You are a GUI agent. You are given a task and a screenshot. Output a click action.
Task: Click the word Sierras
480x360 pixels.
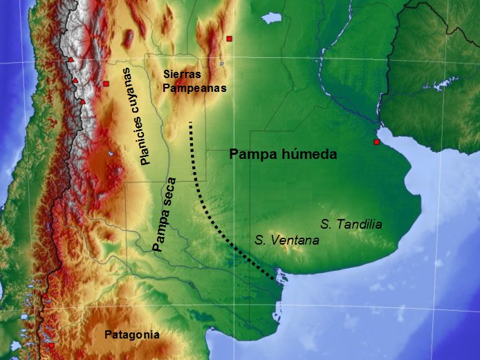click(x=183, y=74)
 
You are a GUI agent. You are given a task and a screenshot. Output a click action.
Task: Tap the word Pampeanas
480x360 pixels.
click(x=194, y=88)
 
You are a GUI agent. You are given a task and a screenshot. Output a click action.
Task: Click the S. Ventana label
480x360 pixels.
click(x=287, y=240)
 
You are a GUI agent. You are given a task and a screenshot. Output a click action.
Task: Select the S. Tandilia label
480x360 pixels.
click(x=352, y=224)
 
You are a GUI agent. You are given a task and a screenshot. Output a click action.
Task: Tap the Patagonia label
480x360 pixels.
click(x=132, y=335)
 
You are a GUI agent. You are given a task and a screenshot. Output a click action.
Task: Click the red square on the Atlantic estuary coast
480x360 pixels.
click(x=376, y=142)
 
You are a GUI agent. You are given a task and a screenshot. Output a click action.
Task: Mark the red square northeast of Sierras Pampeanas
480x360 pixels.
click(x=229, y=39)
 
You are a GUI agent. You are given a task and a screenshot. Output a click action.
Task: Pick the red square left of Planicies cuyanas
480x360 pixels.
click(x=107, y=84)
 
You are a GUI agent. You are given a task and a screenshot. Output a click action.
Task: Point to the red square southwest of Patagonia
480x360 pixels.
click(x=50, y=344)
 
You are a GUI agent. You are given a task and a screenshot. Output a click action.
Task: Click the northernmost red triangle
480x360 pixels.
click(x=71, y=60)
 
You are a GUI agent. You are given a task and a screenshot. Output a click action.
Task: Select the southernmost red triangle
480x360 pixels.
click(x=82, y=102)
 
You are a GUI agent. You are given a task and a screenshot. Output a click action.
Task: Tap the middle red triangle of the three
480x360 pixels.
click(x=75, y=81)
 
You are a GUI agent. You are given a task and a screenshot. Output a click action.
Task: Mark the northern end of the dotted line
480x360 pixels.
click(x=190, y=123)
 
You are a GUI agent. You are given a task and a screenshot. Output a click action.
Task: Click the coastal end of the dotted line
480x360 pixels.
click(x=274, y=279)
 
